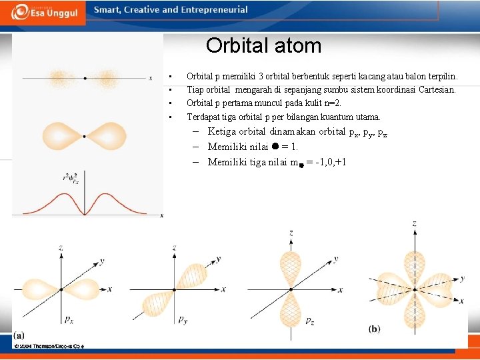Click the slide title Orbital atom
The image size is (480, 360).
tap(263, 46)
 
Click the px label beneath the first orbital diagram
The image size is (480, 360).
tap(69, 320)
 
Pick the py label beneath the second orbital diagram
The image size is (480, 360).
tap(182, 320)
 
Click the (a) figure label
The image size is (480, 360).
tap(20, 335)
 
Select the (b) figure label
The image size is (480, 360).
tap(375, 329)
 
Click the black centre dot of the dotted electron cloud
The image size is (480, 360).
tap(85, 78)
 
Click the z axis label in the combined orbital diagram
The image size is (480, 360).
tap(414, 223)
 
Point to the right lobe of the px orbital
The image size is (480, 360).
tap(83, 289)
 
